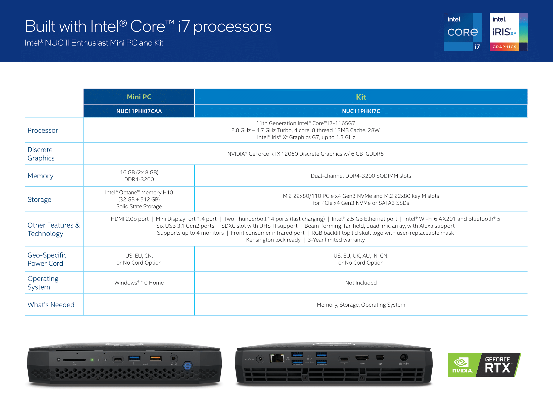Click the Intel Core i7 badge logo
point(463,32)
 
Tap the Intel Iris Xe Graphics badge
point(508,32)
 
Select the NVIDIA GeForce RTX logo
point(484,365)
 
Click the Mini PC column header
point(139,97)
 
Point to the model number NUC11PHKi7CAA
point(139,111)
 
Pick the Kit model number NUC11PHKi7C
point(361,111)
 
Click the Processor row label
point(43,130)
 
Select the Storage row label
point(39,199)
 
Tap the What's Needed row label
point(51,305)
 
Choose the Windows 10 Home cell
point(139,283)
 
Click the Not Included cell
point(361,283)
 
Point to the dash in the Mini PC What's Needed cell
point(139,305)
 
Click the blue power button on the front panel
point(188,366)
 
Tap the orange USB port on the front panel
point(156,358)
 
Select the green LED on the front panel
point(92,360)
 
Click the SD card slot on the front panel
point(74,360)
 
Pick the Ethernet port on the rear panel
point(277,358)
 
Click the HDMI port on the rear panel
point(362,358)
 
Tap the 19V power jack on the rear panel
point(404,357)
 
